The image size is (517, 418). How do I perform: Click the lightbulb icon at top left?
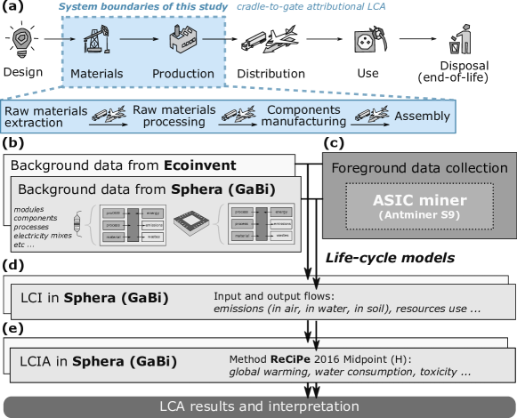pyautogui.click(x=20, y=42)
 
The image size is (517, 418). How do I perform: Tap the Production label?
pyautogui.click(x=182, y=74)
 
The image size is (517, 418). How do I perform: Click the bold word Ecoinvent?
pyautogui.click(x=199, y=165)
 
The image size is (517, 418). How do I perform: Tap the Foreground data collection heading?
pyautogui.click(x=419, y=167)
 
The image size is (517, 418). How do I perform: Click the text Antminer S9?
pyautogui.click(x=419, y=216)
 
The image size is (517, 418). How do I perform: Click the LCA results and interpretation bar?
pyautogui.click(x=258, y=406)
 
